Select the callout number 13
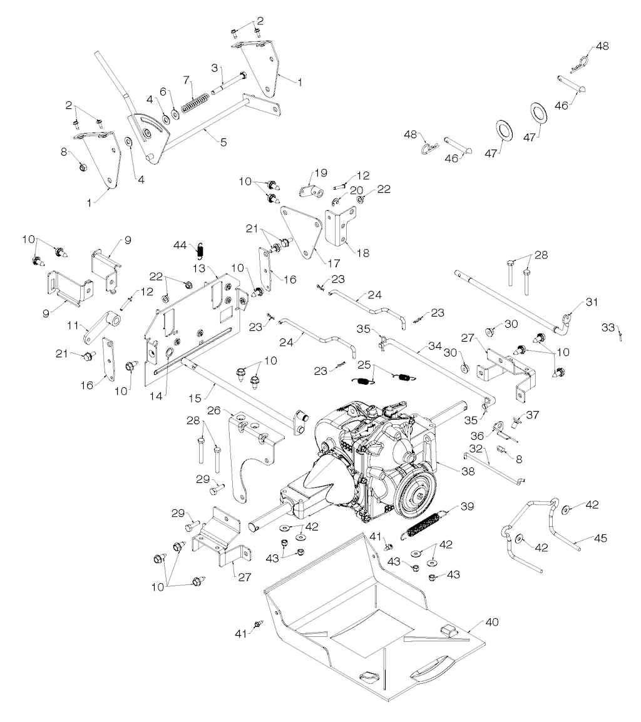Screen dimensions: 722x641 [198, 267]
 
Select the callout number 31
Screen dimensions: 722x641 [592, 302]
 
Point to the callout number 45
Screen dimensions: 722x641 [600, 538]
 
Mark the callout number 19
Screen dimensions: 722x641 [320, 173]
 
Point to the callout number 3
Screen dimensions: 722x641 [214, 67]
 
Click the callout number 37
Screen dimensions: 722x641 [531, 414]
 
